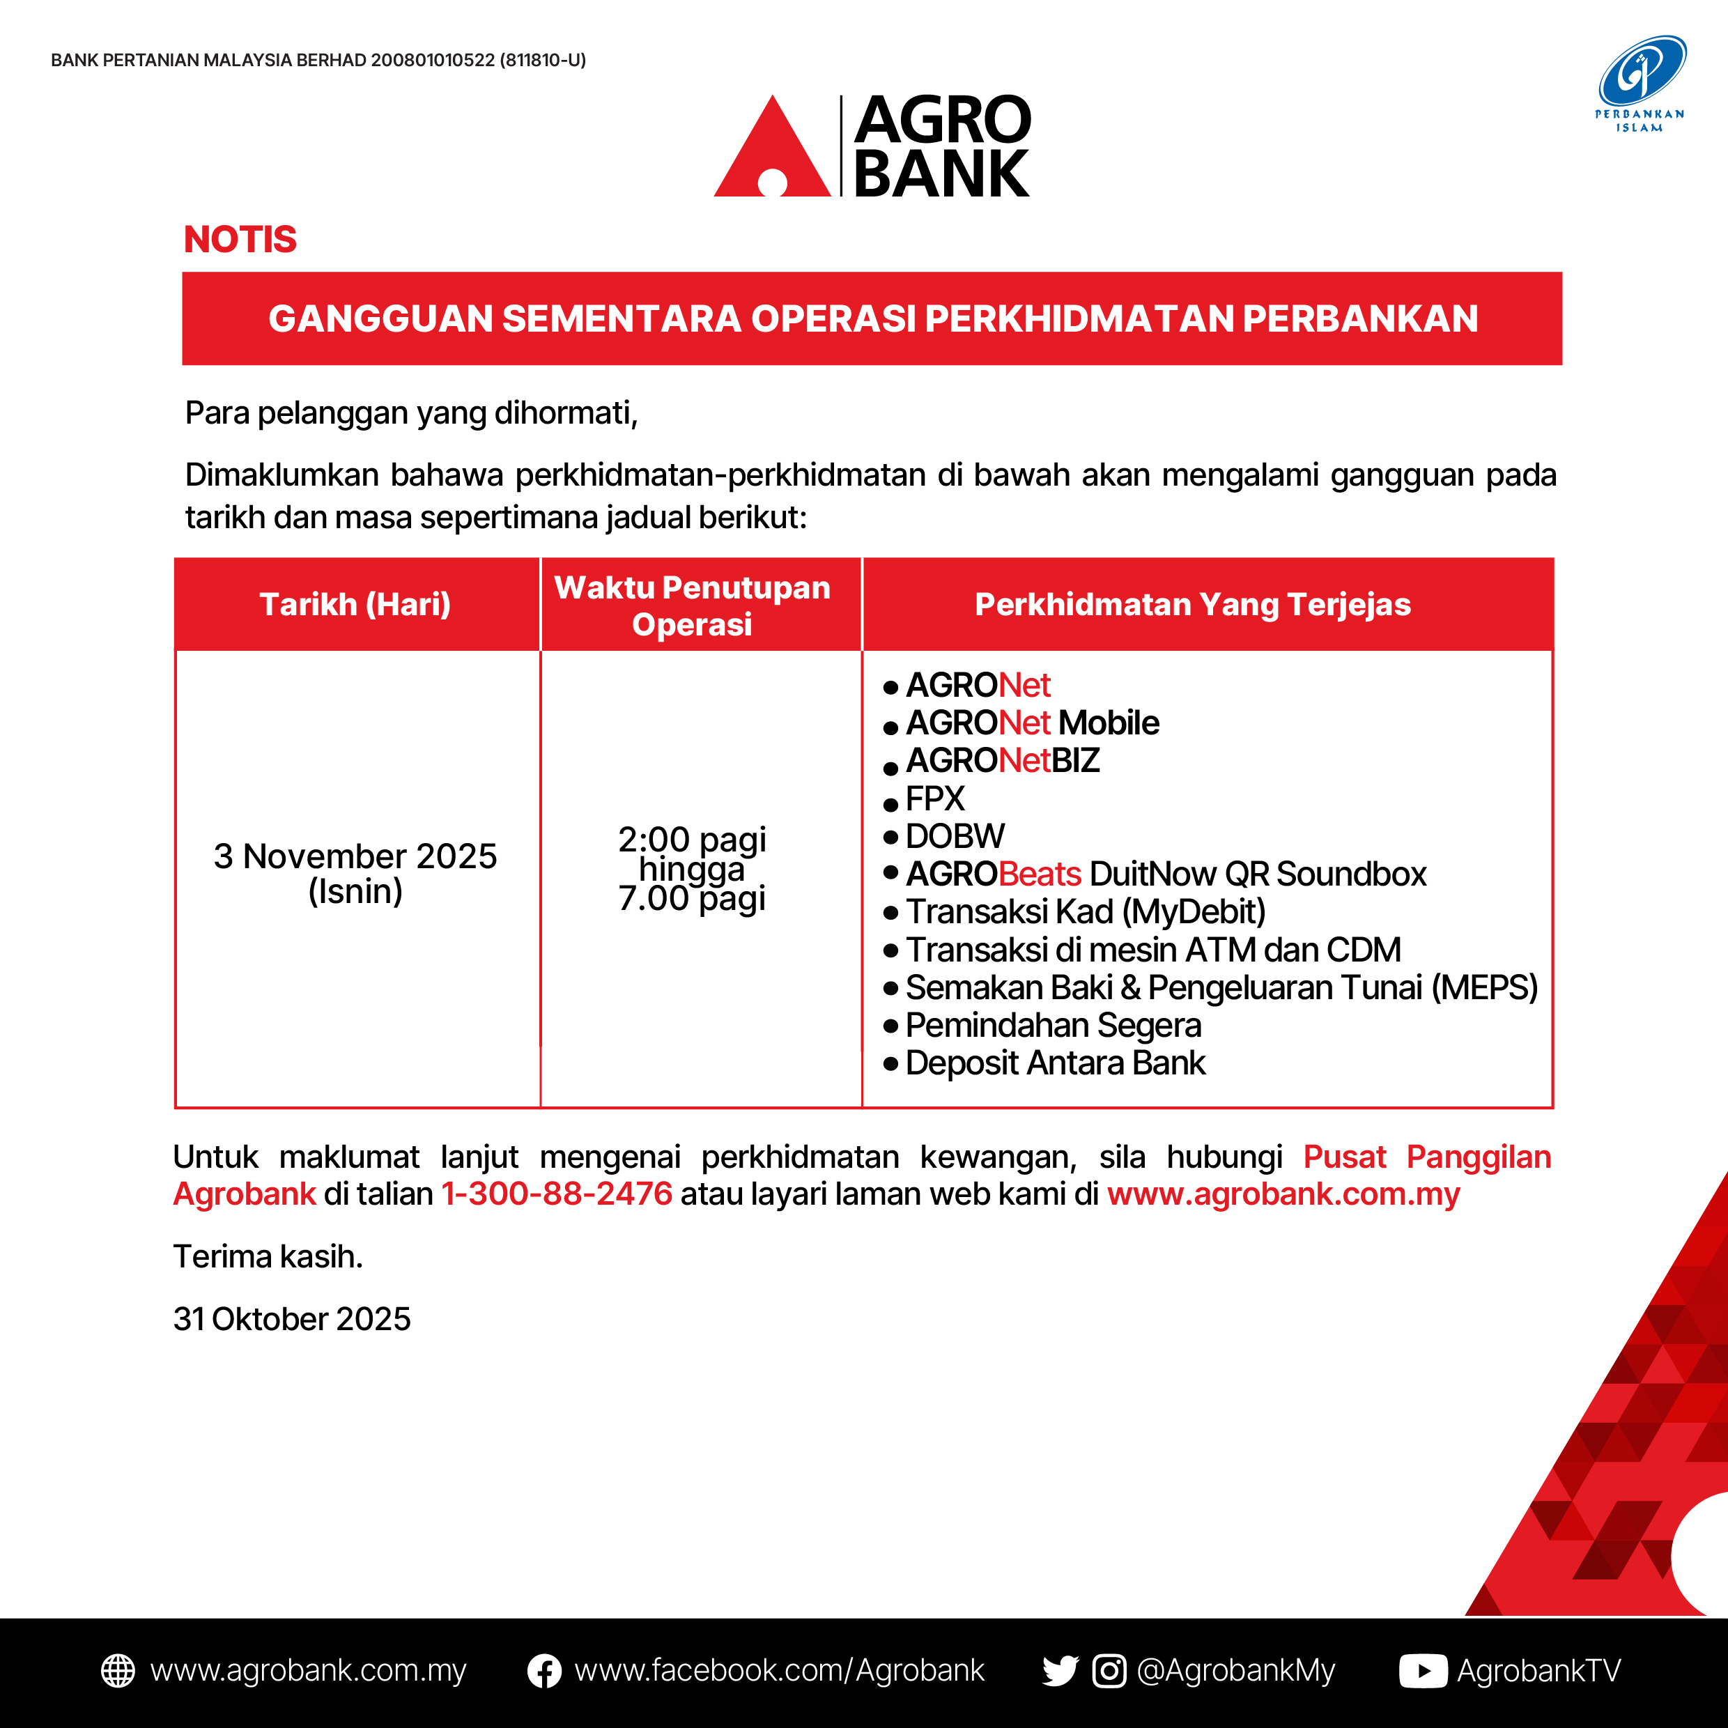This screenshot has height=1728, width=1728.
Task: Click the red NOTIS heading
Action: [240, 240]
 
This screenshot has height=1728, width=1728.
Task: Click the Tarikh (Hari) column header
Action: [355, 605]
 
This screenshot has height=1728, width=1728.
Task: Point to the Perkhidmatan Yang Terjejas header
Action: [1192, 605]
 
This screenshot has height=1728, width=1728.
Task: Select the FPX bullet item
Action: [934, 799]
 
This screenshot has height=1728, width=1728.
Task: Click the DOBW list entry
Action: [955, 836]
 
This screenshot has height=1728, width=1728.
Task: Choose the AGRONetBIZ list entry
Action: [1002, 760]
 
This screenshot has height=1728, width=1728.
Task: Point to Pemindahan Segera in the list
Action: [1053, 1025]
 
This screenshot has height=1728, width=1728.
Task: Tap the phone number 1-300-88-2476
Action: [556, 1194]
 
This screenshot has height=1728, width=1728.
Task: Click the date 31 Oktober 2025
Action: [291, 1319]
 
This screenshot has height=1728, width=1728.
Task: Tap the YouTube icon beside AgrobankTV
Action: [1422, 1671]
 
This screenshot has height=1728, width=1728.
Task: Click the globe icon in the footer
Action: [118, 1671]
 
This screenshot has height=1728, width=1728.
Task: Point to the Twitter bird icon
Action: [1060, 1671]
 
